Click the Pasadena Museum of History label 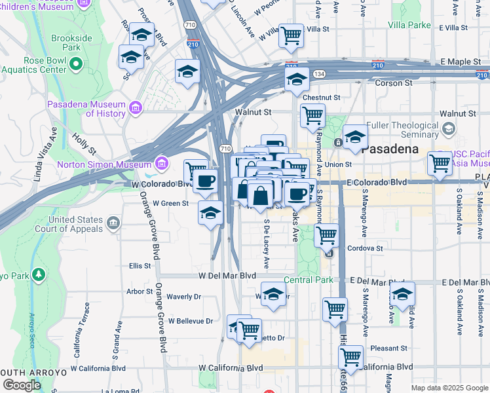86,109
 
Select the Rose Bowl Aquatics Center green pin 77,64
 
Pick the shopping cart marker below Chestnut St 312,116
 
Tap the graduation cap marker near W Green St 210,214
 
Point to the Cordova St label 365,249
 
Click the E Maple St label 463,62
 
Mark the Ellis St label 140,266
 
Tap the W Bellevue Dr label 191,321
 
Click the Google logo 22,385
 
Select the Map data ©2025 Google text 449,388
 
